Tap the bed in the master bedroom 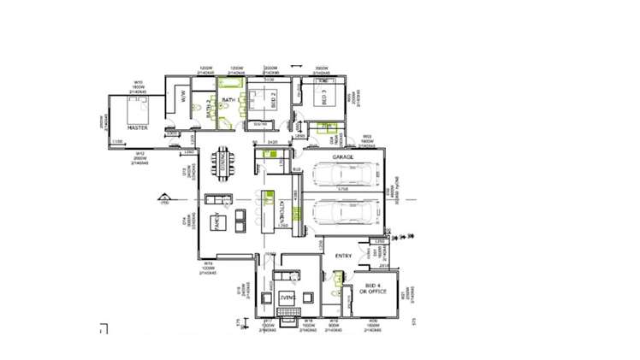click(138, 109)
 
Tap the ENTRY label click(344, 256)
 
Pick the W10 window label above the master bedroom click(138, 84)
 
